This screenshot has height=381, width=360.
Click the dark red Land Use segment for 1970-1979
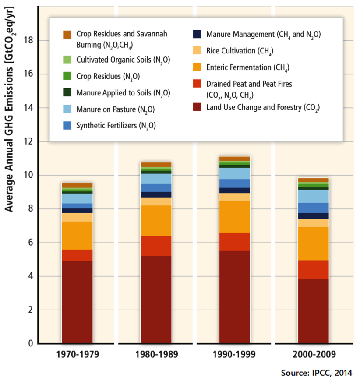coord(77,302)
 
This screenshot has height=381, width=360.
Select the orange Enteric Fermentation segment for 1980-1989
coord(156,220)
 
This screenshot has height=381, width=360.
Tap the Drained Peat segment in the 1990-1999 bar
coord(235,241)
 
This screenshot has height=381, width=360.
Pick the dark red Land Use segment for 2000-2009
coord(313,311)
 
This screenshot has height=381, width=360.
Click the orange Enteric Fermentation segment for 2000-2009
coord(313,243)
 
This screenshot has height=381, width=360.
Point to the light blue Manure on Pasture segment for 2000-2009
coord(313,196)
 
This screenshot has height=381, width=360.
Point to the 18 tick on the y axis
coord(29,41)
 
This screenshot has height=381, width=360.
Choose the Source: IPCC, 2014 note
coord(316,373)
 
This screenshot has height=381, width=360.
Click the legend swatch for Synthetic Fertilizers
coord(67,126)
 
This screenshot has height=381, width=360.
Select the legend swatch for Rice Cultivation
coord(198,51)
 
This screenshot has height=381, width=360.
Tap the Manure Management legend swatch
coord(198,34)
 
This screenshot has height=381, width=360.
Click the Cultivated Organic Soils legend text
coord(123,60)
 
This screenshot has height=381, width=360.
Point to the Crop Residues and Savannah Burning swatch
coord(67,34)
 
